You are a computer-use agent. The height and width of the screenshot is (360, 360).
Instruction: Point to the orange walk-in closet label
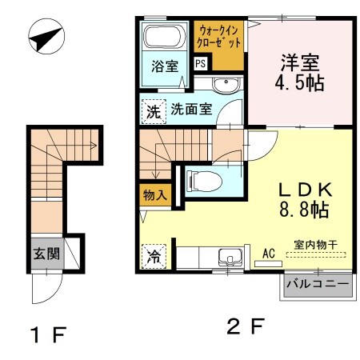pos(220,36)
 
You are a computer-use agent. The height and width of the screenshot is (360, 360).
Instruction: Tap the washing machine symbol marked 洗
pos(152,110)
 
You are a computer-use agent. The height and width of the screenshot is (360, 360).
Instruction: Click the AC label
pos(269,253)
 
